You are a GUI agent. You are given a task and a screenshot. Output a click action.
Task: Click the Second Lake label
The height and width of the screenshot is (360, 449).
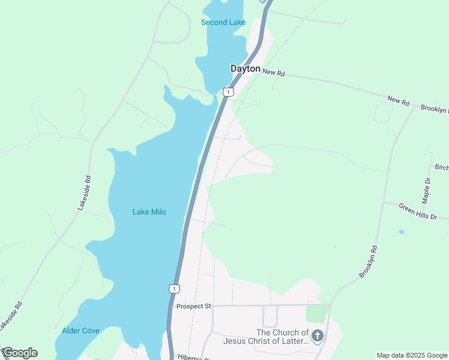point(223,23)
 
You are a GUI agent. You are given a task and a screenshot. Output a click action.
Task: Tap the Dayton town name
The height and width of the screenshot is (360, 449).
point(246,69)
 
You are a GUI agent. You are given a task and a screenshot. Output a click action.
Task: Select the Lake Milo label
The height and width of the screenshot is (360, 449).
point(149,212)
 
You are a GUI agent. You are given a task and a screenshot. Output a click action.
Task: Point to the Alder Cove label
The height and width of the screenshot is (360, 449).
point(80,331)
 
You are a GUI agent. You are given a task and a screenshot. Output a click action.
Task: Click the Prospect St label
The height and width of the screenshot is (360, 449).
point(193,306)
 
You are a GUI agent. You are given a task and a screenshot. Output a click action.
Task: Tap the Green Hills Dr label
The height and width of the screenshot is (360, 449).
point(418,211)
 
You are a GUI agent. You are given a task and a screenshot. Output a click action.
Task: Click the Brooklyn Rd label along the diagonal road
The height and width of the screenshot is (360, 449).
point(368,262)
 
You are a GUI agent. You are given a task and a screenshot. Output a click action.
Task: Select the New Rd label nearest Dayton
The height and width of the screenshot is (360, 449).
point(273,73)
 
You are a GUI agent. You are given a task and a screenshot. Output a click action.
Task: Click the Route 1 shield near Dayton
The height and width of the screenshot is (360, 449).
point(228,92)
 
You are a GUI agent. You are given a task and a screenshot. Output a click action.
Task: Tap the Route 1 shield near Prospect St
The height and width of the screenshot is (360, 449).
point(173,289)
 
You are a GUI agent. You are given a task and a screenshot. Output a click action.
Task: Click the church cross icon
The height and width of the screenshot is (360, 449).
point(318,335)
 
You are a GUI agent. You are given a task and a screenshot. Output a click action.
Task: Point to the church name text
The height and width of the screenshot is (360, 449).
point(265,337)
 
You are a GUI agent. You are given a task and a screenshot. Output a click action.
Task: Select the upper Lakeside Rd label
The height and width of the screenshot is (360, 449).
point(84,192)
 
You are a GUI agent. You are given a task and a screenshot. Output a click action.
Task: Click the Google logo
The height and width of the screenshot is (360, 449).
point(20,353)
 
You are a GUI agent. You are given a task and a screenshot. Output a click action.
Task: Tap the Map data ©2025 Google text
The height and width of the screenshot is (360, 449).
point(412,355)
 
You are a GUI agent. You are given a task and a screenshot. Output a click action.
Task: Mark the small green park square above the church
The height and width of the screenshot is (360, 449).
point(317,314)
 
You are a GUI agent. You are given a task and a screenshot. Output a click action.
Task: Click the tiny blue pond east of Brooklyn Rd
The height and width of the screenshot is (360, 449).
point(401,232)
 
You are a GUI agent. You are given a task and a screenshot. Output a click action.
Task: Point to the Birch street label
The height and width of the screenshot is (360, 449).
point(441,167)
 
